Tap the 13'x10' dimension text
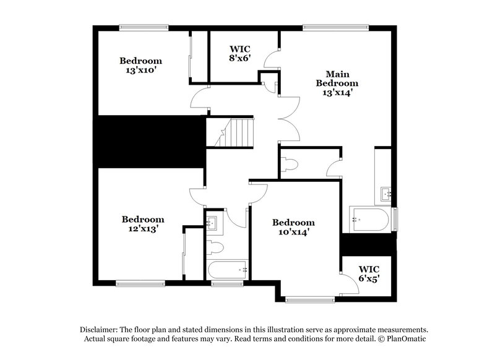click(140, 71)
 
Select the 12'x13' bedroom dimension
click(142, 228)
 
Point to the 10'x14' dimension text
click(293, 232)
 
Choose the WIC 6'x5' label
click(369, 273)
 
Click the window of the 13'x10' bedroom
click(144, 27)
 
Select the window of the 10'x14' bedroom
click(306, 301)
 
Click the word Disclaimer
click(101, 329)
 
